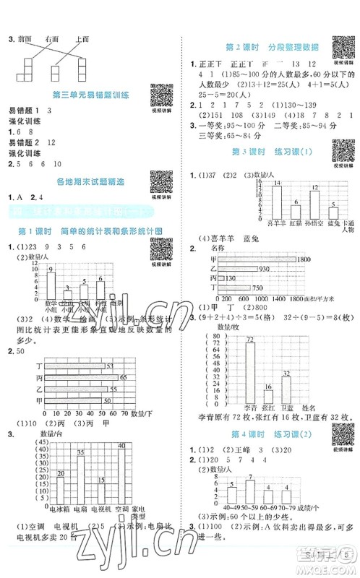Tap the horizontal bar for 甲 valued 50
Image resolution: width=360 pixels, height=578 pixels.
tap(75, 400)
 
